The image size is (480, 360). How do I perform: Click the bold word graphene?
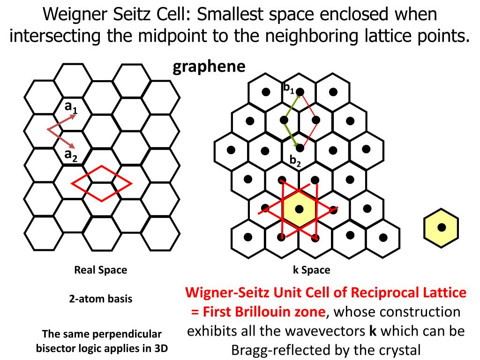[x=209, y=67]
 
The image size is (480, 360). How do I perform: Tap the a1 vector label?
[x=71, y=108]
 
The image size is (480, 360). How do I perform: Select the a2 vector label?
[x=71, y=155]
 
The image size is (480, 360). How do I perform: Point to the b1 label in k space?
[x=288, y=88]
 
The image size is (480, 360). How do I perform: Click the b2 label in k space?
[x=295, y=161]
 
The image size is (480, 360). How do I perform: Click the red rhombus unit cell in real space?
[x=101, y=181]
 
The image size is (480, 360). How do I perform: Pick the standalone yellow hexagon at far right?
[x=441, y=227]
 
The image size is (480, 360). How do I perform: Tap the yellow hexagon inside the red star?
[x=299, y=209]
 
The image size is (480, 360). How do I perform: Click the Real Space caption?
[x=100, y=270]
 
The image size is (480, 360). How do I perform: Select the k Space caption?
[x=311, y=270]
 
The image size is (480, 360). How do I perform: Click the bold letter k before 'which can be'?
[x=373, y=331]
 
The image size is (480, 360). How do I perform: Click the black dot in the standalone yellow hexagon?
[x=441, y=227]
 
